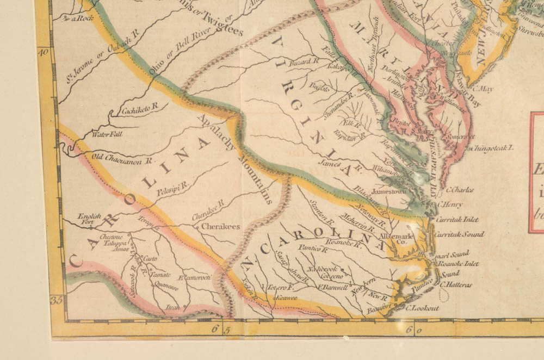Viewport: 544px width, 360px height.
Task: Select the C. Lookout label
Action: pos(423,307)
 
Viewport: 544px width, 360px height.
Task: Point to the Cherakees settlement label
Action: pos(220,227)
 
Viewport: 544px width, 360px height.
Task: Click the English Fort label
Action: pos(90,218)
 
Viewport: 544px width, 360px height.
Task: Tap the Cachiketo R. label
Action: pos(139,110)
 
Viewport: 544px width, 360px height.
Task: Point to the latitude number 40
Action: pos(44,52)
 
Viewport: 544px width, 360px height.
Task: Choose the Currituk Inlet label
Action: pos(456,220)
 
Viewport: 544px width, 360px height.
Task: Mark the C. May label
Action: pos(482,89)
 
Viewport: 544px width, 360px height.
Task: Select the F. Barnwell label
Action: pos(332,288)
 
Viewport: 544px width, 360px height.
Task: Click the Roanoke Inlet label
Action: pos(458,264)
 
